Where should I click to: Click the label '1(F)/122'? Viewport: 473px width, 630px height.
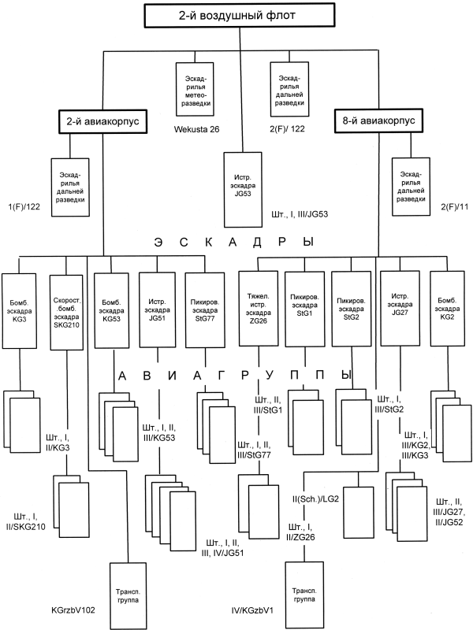[22, 206]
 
